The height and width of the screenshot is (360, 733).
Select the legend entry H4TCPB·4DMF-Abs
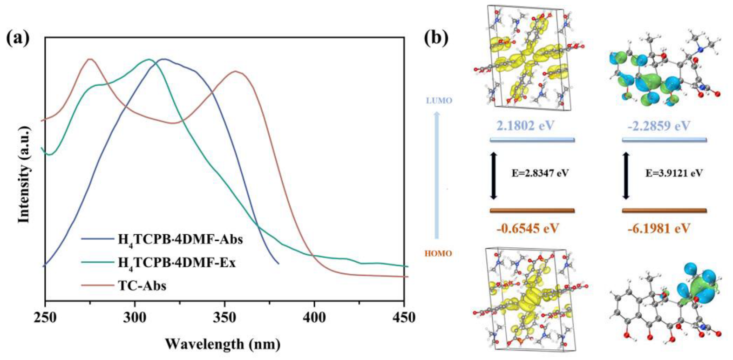(x=180, y=240)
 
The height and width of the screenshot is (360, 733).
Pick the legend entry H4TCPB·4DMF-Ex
(x=176, y=263)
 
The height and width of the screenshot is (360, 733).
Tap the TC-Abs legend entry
(x=142, y=285)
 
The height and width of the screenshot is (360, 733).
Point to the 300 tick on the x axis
(x=135, y=318)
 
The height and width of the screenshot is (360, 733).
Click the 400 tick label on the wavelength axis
(x=314, y=318)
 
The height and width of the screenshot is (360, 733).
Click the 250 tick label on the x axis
(x=45, y=318)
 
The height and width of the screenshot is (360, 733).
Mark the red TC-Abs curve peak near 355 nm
(x=236, y=71)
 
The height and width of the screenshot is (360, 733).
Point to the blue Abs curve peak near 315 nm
(x=163, y=59)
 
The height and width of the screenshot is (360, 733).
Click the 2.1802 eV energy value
(x=526, y=126)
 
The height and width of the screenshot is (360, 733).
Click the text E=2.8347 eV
(x=540, y=173)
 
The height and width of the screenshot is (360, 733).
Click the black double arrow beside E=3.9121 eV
(x=626, y=176)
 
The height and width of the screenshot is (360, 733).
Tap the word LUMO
(x=439, y=101)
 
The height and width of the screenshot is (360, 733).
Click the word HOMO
(x=438, y=254)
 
